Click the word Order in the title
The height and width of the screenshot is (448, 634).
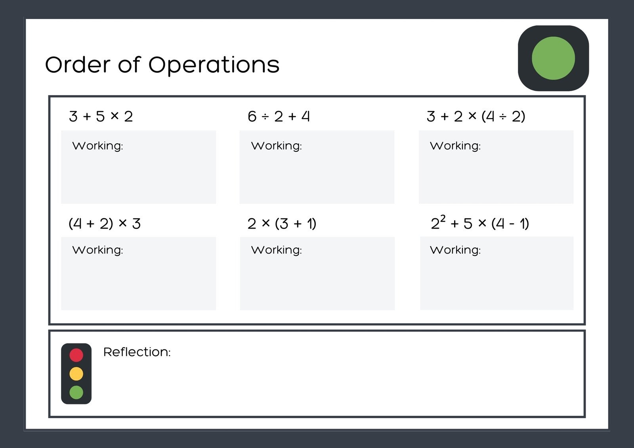coord(77,65)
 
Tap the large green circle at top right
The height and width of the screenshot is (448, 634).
coord(553,58)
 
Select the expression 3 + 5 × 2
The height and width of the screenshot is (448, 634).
coord(101,116)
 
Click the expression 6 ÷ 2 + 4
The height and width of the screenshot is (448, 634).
coord(279,116)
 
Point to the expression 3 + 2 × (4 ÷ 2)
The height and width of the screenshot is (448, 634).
coord(476,116)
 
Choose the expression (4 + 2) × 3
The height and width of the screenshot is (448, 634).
coord(105,224)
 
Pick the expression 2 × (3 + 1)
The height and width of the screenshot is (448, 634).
coord(282,224)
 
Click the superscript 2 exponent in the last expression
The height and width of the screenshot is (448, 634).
coord(443,219)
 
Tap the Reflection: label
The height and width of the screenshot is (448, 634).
coord(137,352)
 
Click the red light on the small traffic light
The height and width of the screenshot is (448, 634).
coord(76,355)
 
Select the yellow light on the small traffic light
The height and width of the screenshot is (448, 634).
coord(76,374)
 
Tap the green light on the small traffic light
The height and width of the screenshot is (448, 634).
coord(76,392)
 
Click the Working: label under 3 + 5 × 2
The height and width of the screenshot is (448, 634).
coord(97,146)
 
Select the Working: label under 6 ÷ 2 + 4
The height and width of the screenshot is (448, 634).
coord(276,146)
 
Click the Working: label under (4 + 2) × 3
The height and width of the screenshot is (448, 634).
coord(97,250)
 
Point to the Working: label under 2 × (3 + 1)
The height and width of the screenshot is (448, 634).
coord(276,250)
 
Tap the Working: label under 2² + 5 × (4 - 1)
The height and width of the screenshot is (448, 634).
coord(455,250)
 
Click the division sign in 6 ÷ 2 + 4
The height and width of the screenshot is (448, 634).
coord(265,117)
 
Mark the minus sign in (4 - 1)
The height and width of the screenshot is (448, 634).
coord(512,224)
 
